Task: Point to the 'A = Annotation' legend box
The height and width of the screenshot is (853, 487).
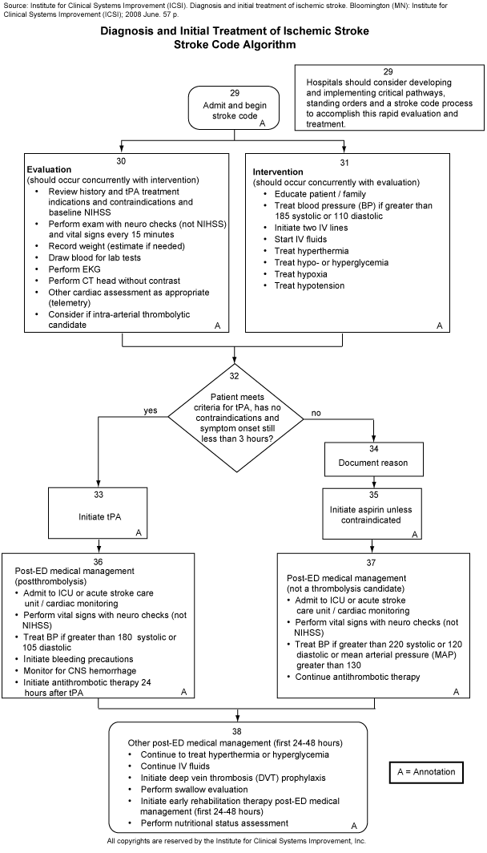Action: click(x=425, y=772)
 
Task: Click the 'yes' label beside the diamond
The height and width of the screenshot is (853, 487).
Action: click(x=151, y=410)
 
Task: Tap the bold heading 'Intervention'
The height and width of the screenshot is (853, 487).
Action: click(x=279, y=172)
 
